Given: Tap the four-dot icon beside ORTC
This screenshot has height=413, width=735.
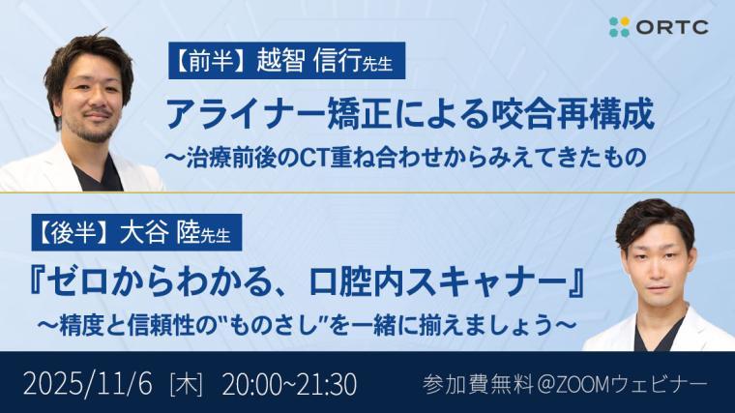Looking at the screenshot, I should tap(619, 27).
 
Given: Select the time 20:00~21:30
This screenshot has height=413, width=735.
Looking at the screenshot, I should tap(289, 383).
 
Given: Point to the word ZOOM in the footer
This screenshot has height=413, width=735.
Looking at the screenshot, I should tap(570, 383).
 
